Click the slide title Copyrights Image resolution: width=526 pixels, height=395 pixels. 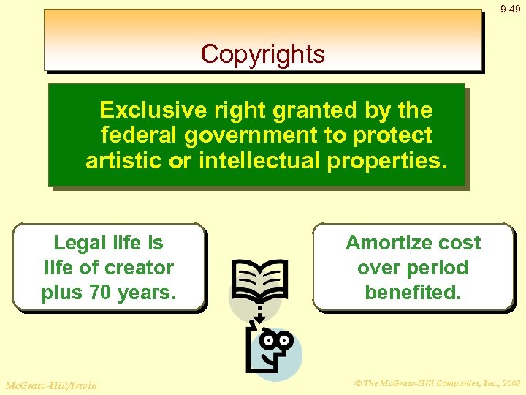[263, 54]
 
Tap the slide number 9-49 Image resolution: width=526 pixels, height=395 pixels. [510, 10]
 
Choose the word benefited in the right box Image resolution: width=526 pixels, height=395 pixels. [413, 293]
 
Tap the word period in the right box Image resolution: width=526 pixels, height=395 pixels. [438, 268]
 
